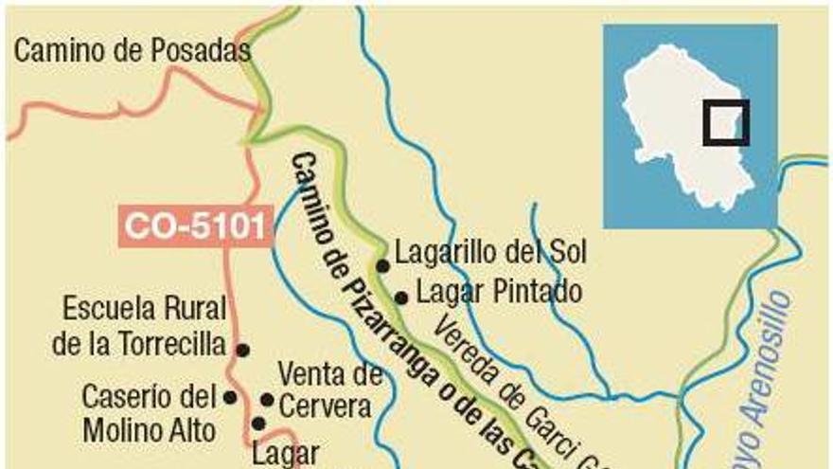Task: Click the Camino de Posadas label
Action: (x=132, y=51)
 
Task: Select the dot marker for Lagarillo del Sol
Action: (x=382, y=266)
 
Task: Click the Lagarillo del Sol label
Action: (x=490, y=253)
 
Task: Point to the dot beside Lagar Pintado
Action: (x=400, y=298)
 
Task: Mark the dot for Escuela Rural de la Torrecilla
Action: (x=242, y=350)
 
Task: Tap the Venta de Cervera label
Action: (x=329, y=390)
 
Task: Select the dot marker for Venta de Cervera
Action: (x=267, y=400)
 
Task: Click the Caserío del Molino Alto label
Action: (x=150, y=412)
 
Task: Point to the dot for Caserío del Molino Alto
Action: (x=229, y=397)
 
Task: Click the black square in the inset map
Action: (x=726, y=123)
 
